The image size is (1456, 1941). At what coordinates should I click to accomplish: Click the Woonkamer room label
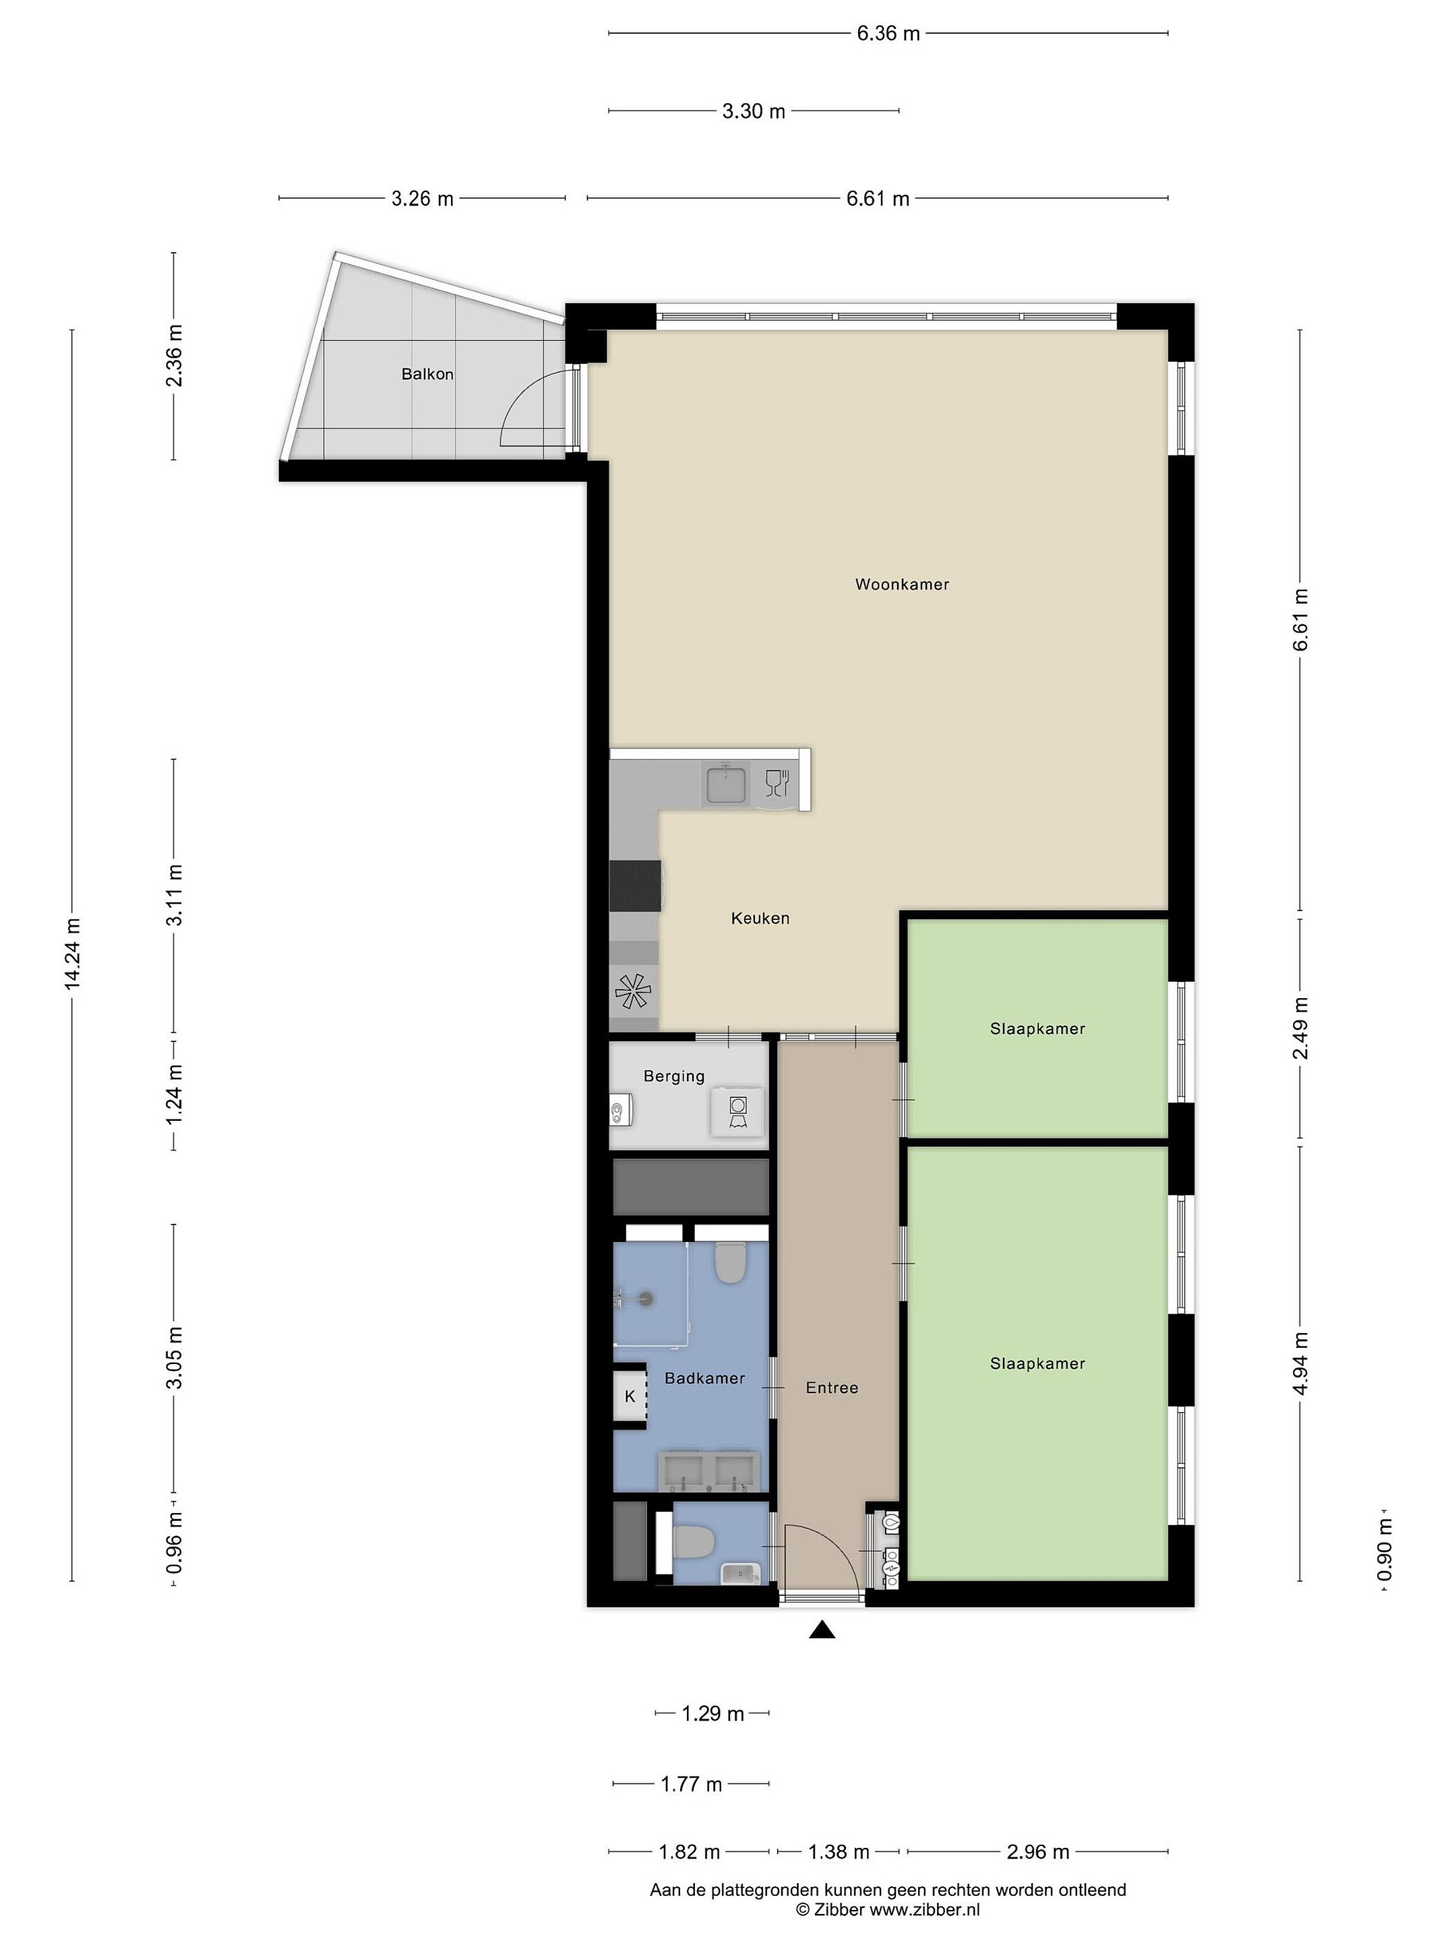901,584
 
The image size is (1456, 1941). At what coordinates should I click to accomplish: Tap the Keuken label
760,919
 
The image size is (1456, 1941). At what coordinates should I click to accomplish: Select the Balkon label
427,374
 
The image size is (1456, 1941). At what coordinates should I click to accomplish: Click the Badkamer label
704,1378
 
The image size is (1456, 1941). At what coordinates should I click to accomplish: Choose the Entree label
832,1388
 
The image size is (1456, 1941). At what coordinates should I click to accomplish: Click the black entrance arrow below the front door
822,1630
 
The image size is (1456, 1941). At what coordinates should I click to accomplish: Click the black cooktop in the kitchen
634,887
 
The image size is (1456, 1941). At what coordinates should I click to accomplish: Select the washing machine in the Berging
737,1112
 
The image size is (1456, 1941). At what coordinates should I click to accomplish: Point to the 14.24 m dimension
72,955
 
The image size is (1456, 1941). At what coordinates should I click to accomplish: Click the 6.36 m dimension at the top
888,33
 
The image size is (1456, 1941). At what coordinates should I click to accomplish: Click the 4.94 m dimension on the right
1300,1363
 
